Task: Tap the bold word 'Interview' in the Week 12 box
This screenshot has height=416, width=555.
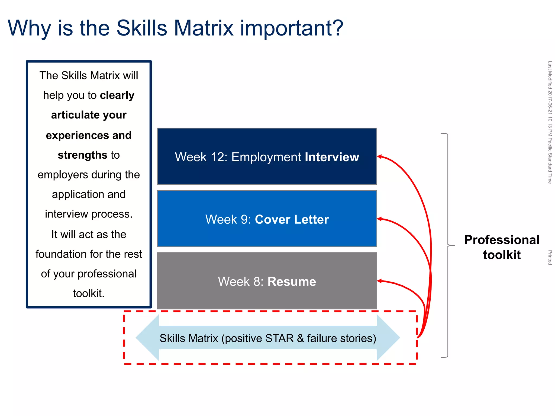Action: pos(332,157)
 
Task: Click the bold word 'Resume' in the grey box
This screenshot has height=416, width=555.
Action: pos(292,281)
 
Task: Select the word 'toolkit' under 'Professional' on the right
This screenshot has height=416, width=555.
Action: pos(502,255)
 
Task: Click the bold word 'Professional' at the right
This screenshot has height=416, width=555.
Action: pos(502,240)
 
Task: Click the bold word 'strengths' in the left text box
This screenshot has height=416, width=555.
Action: pos(83,155)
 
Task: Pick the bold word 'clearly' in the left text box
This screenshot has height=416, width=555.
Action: pos(117,95)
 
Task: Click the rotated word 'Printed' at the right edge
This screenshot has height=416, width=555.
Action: pos(550,257)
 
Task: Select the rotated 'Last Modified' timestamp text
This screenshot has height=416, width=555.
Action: pos(550,122)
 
